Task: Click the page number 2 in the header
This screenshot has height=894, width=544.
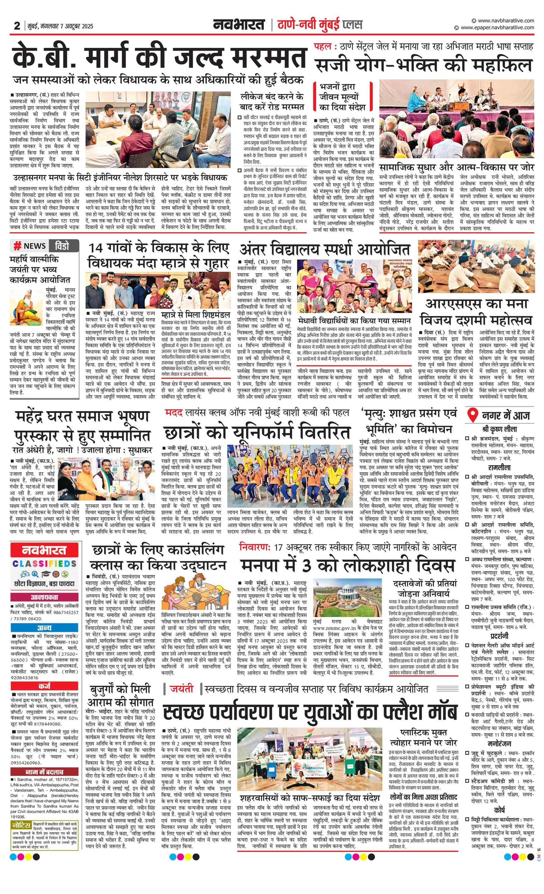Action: (x=17, y=26)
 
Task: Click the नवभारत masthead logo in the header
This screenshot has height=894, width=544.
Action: (x=239, y=25)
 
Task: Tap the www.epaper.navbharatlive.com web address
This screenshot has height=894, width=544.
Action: (x=497, y=28)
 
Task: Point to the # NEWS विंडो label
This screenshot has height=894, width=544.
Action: (x=44, y=246)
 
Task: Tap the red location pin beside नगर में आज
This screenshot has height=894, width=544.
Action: (x=472, y=415)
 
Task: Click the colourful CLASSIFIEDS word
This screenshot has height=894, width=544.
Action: (x=44, y=564)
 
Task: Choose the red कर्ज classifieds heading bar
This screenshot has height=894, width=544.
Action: (x=44, y=686)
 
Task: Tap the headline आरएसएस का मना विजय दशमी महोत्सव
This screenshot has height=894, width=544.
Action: (x=476, y=312)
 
